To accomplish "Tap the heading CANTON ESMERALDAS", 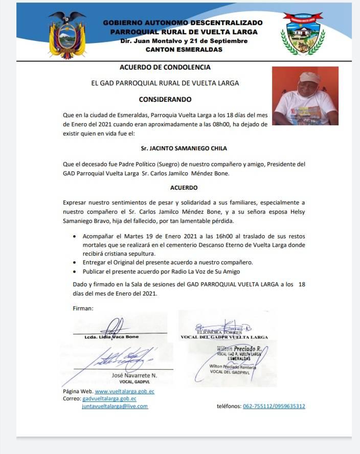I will pyautogui.click(x=184, y=50).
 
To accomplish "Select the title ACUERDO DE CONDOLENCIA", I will pyautogui.click(x=165, y=67).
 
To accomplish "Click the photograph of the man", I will pyautogui.click(x=305, y=96).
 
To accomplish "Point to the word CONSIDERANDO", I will pyautogui.click(x=165, y=99).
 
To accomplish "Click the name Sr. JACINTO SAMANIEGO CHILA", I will pyautogui.click(x=184, y=148).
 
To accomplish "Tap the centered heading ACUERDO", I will pyautogui.click(x=184, y=188).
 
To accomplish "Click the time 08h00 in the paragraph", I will pyautogui.click(x=231, y=124).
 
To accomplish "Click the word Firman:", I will pyautogui.click(x=83, y=308).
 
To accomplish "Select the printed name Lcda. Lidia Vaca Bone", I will pyautogui.click(x=111, y=337).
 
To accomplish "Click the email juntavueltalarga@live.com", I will pyautogui.click(x=115, y=406).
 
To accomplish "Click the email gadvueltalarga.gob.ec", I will pyautogui.click(x=109, y=398).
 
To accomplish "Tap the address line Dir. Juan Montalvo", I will pyautogui.click(x=183, y=40).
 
